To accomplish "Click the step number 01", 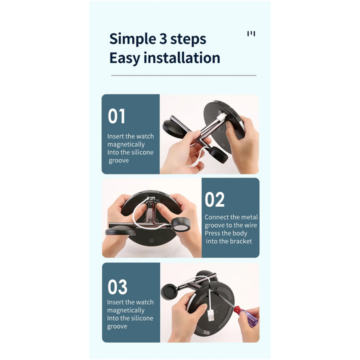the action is [x=116, y=116].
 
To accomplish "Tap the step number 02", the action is [x=214, y=199].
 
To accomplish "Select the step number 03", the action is [x=117, y=287].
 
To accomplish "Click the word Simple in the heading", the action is [x=132, y=39].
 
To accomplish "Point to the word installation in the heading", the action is [x=182, y=57].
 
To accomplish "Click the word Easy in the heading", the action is [x=125, y=58].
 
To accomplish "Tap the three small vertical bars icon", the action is [x=251, y=34].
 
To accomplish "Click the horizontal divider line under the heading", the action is [x=183, y=75].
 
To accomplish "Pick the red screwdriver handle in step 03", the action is [x=245, y=316].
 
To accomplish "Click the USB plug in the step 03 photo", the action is [x=211, y=315].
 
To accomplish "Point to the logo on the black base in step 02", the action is [x=152, y=240].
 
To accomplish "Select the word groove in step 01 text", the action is [x=118, y=160].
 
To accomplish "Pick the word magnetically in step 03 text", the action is [x=126, y=310].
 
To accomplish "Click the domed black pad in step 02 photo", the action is [x=120, y=230].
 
